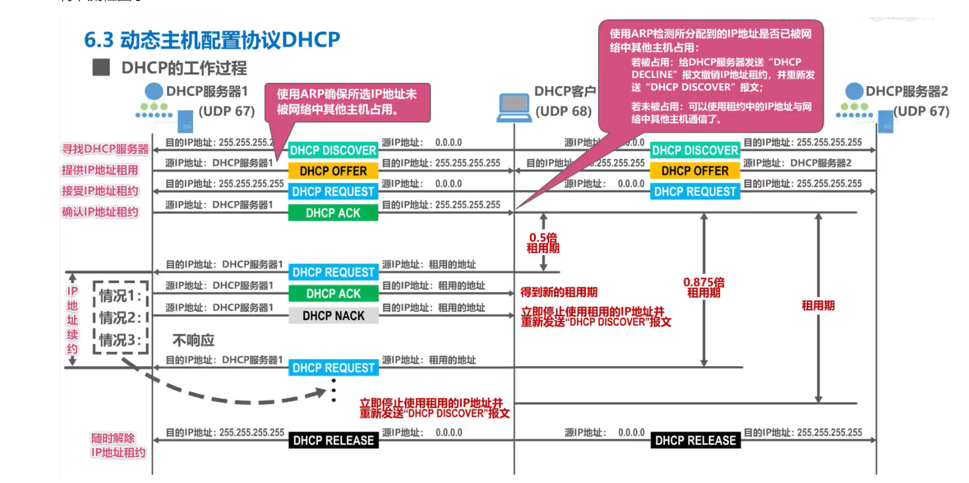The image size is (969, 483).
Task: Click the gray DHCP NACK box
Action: tap(333, 316)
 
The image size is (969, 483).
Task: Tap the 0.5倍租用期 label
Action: tap(543, 243)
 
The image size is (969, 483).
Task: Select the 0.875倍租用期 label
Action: tap(704, 288)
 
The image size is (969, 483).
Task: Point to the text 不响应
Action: tap(193, 340)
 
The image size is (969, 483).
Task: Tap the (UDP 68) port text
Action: tap(564, 111)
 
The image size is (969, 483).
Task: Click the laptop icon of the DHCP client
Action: tap(514, 107)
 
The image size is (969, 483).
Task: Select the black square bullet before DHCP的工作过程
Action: tap(101, 68)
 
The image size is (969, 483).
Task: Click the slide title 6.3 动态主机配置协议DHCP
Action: tap(212, 40)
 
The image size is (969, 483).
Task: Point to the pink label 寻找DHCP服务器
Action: tap(105, 149)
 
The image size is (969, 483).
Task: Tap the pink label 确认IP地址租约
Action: tap(100, 212)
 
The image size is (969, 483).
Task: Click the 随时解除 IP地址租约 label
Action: tap(118, 445)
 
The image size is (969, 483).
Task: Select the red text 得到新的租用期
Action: tap(558, 292)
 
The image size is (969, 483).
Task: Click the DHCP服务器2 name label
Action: tap(907, 91)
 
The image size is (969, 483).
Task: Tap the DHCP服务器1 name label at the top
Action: tap(207, 91)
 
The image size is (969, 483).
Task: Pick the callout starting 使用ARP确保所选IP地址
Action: tap(347, 102)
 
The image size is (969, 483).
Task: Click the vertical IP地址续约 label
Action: tap(72, 320)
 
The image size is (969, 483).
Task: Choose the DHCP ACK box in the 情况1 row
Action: tap(333, 294)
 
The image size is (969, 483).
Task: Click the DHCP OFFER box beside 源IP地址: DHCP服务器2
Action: tap(695, 171)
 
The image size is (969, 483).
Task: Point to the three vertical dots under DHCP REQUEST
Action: tap(334, 390)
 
